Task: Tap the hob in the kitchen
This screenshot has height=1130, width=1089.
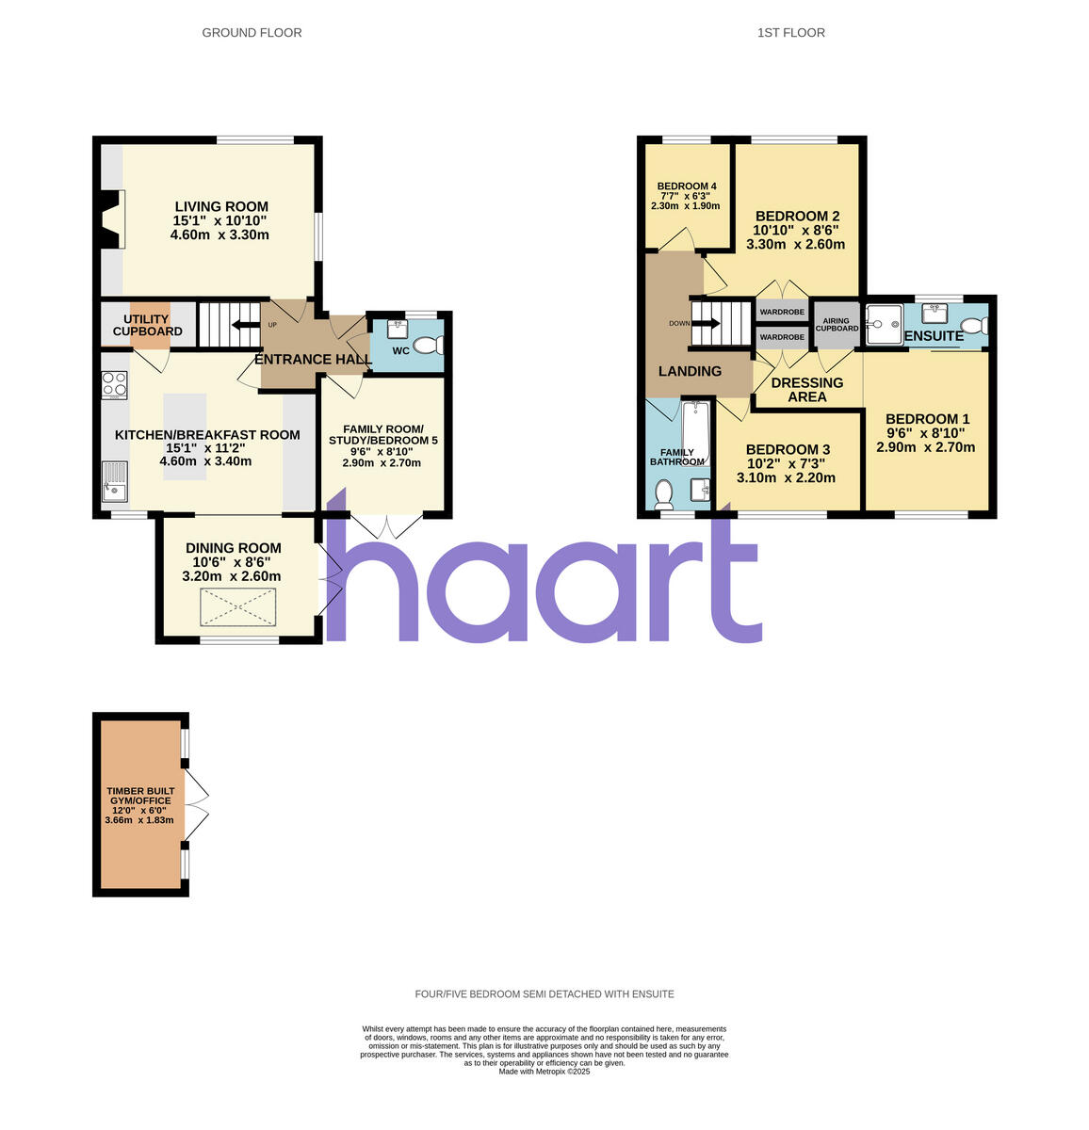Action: click(115, 384)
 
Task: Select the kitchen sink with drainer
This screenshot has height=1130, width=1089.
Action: click(115, 481)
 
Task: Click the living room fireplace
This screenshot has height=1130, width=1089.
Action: click(111, 218)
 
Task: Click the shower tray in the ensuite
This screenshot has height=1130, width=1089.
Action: click(884, 325)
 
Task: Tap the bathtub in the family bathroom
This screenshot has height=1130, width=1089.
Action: click(695, 433)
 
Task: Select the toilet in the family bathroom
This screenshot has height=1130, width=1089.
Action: click(663, 492)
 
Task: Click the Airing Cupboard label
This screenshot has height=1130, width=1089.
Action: click(837, 325)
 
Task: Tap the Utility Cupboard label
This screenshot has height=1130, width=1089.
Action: click(148, 325)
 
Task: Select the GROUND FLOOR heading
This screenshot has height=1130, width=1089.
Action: click(252, 33)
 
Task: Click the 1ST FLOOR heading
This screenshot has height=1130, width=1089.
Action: click(791, 33)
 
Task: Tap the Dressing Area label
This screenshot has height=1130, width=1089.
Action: click(807, 390)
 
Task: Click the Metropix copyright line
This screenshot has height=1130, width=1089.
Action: click(544, 1071)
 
